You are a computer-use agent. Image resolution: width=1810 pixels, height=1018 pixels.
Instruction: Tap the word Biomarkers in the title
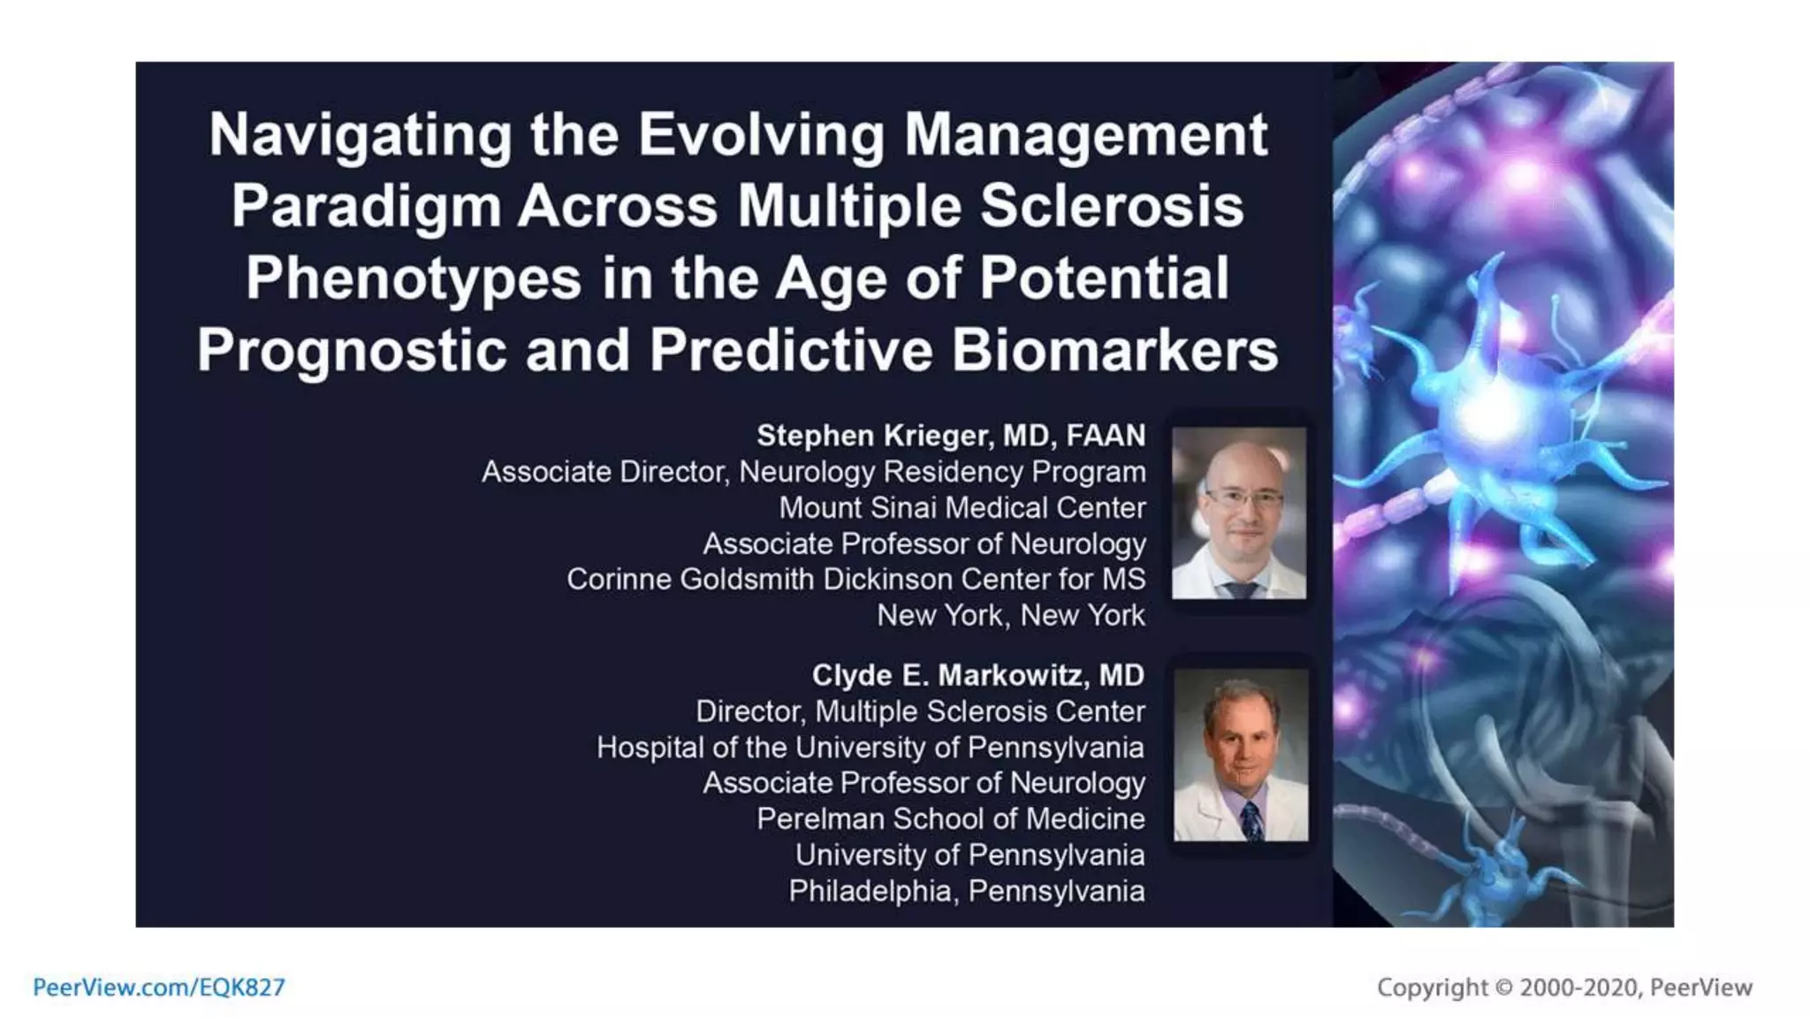[x=1114, y=351]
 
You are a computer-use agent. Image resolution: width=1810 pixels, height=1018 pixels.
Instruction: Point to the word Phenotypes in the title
[x=414, y=278]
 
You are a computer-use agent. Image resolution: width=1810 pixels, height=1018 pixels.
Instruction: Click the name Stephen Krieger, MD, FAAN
[x=951, y=436]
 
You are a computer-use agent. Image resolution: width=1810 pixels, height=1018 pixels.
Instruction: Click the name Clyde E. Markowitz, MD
[x=977, y=675]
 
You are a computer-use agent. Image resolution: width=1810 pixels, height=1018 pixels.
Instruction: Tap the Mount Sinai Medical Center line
[x=962, y=508]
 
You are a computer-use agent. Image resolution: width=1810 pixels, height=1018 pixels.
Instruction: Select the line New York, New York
[x=1010, y=615]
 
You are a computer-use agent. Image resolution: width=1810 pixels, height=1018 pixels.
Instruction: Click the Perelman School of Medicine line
[x=950, y=819]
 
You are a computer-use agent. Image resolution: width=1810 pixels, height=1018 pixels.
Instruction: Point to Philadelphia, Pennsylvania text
[x=966, y=891]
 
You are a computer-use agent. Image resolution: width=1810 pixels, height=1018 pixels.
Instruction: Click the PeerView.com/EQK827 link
[x=159, y=987]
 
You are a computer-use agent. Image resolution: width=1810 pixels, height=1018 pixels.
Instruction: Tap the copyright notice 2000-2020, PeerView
[x=1564, y=987]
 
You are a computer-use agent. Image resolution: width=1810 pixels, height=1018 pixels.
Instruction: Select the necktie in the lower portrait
[x=1251, y=820]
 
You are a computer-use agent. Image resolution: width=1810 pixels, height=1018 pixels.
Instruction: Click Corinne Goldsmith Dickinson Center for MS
[x=856, y=580]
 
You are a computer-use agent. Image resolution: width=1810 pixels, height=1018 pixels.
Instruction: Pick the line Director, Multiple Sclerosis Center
[x=920, y=711]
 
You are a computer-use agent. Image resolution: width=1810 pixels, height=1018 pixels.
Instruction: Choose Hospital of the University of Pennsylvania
[x=870, y=748]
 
